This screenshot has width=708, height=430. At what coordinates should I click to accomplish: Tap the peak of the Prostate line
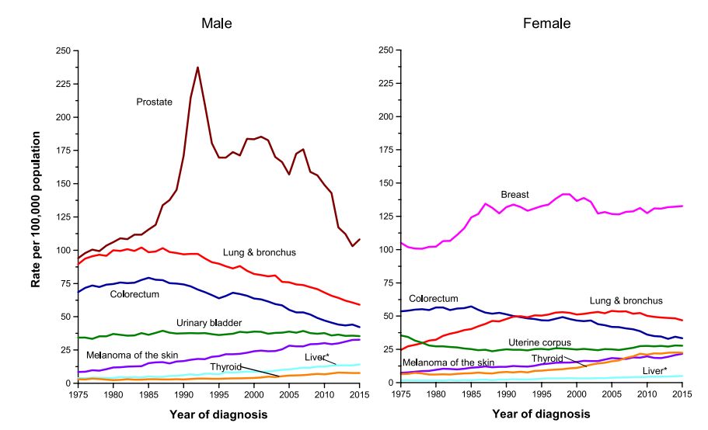pyautogui.click(x=197, y=68)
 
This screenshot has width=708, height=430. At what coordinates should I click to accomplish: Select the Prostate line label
pyautogui.click(x=154, y=102)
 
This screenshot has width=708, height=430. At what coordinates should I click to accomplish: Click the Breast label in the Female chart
pyautogui.click(x=515, y=194)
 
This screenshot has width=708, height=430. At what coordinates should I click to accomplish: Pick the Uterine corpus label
pyautogui.click(x=539, y=342)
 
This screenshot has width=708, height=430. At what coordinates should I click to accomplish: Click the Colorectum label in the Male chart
pyautogui.click(x=134, y=294)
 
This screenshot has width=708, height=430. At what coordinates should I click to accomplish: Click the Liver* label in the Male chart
pyautogui.click(x=317, y=356)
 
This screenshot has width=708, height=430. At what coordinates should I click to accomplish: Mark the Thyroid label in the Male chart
pyautogui.click(x=226, y=366)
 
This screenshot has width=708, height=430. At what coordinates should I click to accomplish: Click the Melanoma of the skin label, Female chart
pyautogui.click(x=448, y=362)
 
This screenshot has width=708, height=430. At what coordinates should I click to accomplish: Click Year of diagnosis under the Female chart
pyautogui.click(x=541, y=414)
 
